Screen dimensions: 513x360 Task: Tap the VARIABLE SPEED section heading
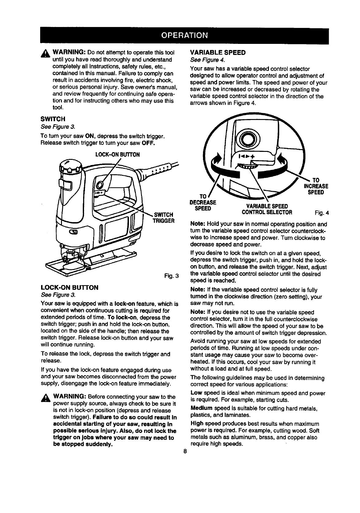tap(218, 52)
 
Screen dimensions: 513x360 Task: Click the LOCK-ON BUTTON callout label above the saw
tap(117, 155)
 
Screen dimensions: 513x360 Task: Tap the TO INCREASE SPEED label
tap(316, 186)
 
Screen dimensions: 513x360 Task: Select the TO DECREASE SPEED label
tap(203, 202)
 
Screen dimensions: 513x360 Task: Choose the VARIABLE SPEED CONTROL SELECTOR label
tap(267, 209)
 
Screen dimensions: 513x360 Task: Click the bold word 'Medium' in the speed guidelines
tap(201, 408)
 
